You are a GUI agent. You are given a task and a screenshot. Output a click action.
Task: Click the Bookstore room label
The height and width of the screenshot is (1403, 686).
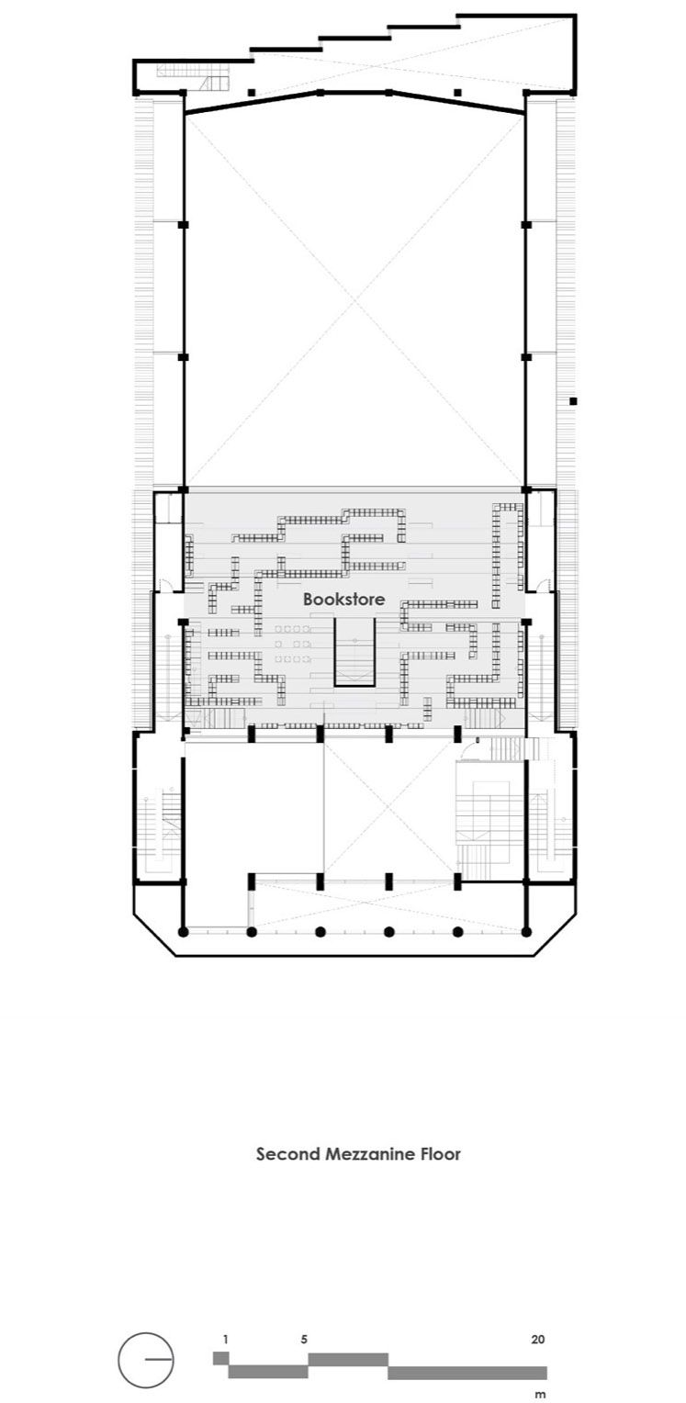coord(343,599)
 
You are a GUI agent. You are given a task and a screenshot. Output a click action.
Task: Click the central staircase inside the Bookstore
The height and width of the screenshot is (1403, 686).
coord(354,652)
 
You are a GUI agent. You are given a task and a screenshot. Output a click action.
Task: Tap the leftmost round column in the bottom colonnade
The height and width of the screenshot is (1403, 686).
coord(184,932)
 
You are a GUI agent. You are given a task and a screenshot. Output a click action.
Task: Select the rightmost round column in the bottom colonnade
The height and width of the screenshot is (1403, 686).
coord(526,932)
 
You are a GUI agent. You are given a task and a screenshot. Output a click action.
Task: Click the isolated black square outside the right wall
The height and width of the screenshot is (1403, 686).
coord(573,401)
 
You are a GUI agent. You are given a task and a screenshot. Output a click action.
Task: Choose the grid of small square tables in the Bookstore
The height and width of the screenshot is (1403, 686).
coord(292,644)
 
